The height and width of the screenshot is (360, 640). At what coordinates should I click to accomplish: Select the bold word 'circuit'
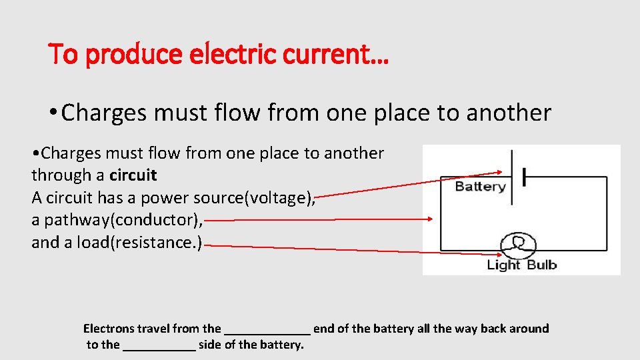(133, 175)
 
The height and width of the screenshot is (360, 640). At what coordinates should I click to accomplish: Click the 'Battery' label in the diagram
(480, 187)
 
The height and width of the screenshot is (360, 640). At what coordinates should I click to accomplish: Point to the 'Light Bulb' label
(522, 265)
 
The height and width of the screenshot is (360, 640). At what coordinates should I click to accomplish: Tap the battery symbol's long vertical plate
(512, 177)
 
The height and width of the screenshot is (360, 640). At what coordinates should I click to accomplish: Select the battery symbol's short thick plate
(525, 177)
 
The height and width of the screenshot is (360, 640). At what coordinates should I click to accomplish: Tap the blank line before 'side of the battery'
(159, 347)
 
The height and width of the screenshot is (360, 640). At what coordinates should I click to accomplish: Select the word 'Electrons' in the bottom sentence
(109, 328)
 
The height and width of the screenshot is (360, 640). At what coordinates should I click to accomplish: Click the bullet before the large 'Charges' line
(53, 111)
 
